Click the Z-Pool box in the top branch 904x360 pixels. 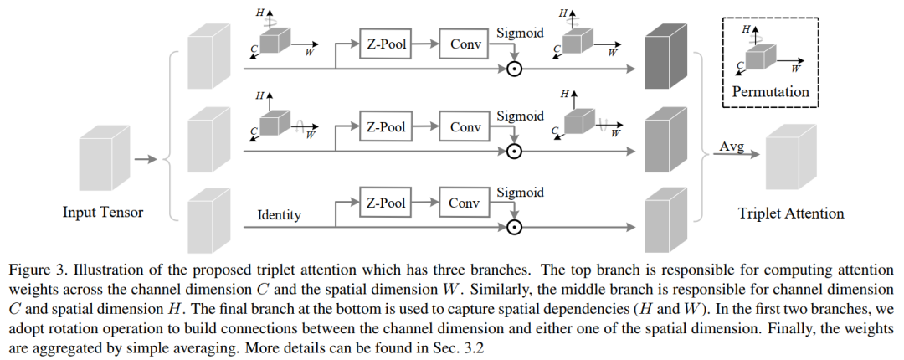(x=386, y=44)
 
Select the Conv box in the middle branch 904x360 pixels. (x=465, y=127)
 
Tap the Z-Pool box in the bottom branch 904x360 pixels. (x=386, y=203)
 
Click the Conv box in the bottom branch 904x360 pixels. (x=465, y=203)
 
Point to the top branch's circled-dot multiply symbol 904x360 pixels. (x=515, y=69)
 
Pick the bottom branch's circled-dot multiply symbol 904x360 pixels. (x=515, y=227)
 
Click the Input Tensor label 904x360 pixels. (x=103, y=212)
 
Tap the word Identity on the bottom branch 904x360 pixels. (x=279, y=216)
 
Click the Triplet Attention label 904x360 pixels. (x=791, y=213)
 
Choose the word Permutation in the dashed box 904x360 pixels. (x=771, y=90)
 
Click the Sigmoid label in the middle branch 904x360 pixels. (x=520, y=116)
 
